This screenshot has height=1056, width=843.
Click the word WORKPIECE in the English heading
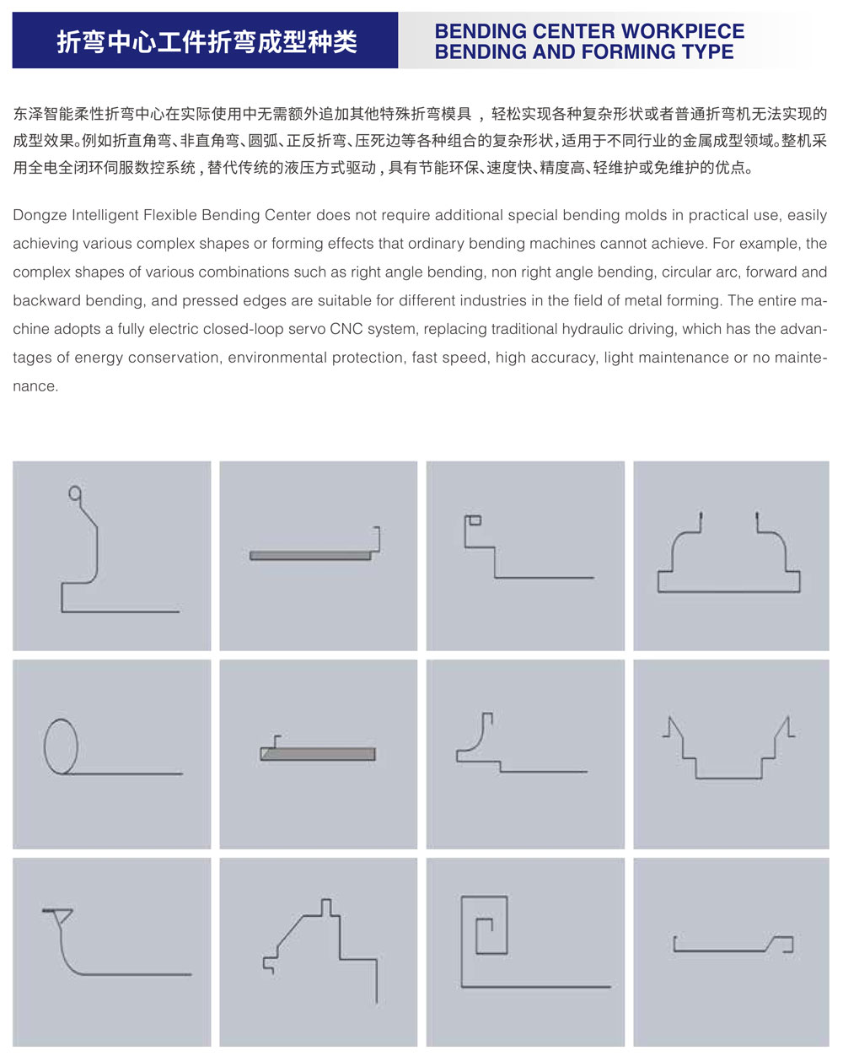[x=682, y=32]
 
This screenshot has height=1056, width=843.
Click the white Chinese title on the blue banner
[x=207, y=41]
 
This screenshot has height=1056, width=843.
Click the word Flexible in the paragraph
[x=175, y=216]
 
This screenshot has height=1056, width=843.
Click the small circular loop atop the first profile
[x=75, y=493]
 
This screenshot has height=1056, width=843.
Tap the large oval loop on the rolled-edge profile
[x=61, y=746]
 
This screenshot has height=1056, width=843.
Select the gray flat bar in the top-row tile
[x=310, y=556]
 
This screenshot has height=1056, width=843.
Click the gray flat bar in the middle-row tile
[x=318, y=754]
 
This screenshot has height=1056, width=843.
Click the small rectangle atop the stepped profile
[x=475, y=520]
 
